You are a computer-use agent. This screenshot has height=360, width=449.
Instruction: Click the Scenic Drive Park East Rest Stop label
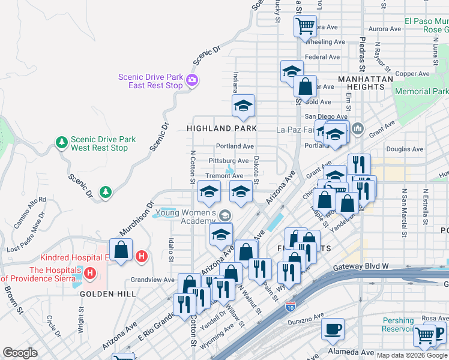point(150,81)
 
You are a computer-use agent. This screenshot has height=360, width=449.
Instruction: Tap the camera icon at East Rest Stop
point(192,80)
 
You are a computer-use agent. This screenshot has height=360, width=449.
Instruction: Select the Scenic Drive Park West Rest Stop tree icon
point(61,142)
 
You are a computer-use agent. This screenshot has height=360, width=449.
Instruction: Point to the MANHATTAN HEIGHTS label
point(366,83)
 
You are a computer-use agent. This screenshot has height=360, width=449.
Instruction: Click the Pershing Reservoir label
point(399,325)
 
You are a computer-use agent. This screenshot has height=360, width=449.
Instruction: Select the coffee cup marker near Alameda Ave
point(333,329)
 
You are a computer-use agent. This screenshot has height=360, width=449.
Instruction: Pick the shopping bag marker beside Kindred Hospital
point(121,250)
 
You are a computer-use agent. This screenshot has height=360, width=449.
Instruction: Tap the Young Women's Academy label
point(186,217)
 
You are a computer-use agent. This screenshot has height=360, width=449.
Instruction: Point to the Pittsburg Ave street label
point(228,161)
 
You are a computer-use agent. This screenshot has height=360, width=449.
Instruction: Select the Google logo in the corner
point(20,353)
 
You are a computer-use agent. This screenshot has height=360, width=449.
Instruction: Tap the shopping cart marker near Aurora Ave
point(305,26)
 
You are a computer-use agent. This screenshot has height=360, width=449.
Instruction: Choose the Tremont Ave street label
point(224,176)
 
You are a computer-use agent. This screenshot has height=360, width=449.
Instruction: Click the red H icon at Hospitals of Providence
point(90,274)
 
